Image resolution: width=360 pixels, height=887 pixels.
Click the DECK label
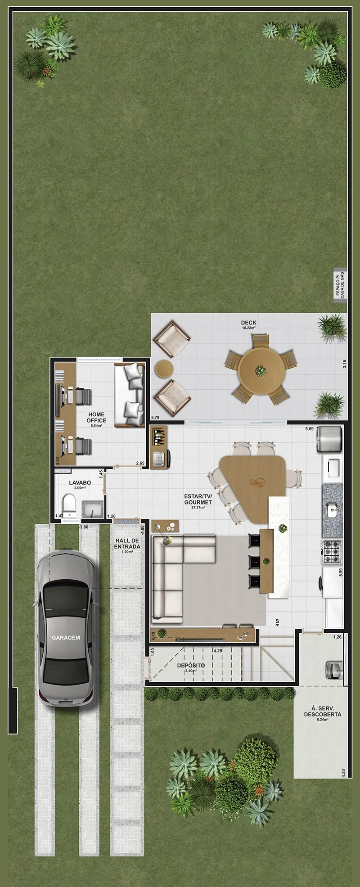point(248,322)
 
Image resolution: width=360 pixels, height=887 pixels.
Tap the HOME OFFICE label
point(96,417)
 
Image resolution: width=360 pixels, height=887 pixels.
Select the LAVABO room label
point(80,482)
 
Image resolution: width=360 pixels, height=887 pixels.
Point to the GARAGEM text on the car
point(66,638)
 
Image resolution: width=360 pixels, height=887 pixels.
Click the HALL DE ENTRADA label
point(127,544)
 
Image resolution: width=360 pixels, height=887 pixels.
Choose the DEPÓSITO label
point(191,665)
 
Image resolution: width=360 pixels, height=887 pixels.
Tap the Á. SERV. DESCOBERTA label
point(322,711)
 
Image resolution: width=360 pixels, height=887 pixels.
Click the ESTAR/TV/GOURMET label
point(198,499)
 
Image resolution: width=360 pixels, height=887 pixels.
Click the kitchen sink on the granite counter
point(332,509)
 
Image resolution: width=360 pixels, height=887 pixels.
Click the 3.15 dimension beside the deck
point(344,364)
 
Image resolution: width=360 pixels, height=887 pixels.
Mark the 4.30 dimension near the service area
point(343,772)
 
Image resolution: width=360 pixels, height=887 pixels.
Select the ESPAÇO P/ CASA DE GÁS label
point(340,284)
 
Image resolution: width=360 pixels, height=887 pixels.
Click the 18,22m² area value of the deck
point(248,329)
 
